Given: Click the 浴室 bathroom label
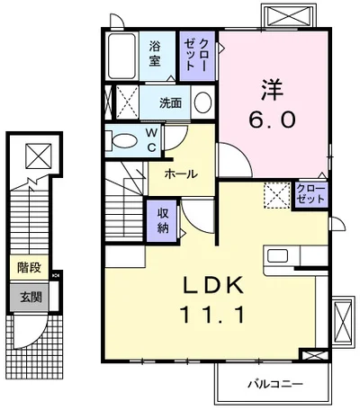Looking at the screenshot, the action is pos(155,54).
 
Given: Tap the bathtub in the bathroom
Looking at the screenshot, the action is pos(121,56).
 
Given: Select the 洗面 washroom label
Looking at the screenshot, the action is pos(170,102).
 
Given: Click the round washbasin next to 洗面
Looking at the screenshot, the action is pos(202,102).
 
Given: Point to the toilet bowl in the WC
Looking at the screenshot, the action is pos(124,140).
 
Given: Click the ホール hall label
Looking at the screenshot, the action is pos(181,174).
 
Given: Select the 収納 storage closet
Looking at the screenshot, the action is pos(163,221).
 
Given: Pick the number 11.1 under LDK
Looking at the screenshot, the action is pos(212,315).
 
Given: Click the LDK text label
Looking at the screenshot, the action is pos(213,285).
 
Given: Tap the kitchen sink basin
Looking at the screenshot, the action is pos(278,255).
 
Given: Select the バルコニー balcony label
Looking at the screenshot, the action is pos(275,384).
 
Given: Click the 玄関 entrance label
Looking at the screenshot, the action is pos(31,298).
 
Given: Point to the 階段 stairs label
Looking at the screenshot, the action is pos(29,267).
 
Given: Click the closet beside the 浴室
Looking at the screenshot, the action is pos(197,56).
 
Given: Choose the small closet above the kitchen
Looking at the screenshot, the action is pos(310,195).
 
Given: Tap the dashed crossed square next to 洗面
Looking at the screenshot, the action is pos(127,102).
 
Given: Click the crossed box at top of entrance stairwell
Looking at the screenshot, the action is pos(39,156).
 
